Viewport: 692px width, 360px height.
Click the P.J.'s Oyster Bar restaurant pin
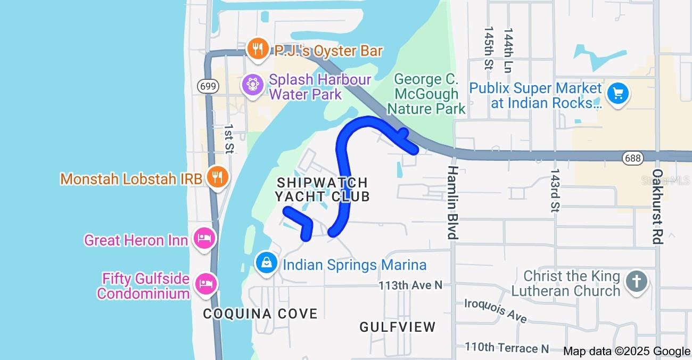point(258,49)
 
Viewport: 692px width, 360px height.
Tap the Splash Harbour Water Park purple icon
point(252,84)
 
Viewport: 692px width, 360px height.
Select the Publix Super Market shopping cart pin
point(617,94)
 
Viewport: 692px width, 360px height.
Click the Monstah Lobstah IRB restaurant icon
point(217,177)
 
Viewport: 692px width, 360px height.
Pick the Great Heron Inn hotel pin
point(204,238)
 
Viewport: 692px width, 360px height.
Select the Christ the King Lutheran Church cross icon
point(636,281)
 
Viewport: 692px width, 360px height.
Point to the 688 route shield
point(632,158)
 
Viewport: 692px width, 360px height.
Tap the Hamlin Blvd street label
point(452,202)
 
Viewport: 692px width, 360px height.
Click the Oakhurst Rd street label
point(657,207)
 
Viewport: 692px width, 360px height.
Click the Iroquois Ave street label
point(496,310)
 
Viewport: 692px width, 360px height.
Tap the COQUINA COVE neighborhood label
point(260,314)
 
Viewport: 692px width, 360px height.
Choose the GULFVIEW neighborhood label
point(398,327)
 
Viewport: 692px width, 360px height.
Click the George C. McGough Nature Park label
point(426,94)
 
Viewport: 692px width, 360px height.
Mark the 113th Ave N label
point(410,285)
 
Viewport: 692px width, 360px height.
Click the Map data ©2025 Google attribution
point(627,351)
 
